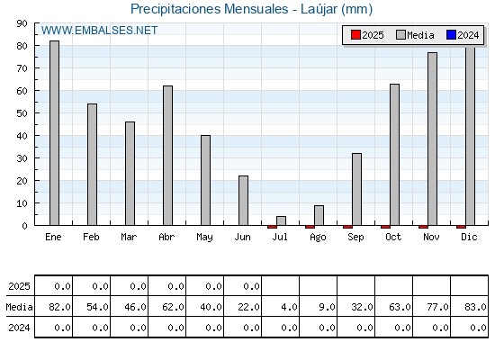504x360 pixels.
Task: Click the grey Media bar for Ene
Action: click(x=54, y=133)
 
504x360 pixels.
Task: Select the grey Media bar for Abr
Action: click(x=167, y=155)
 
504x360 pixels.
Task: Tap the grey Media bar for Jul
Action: click(x=281, y=220)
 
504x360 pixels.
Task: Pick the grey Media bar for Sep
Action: click(x=356, y=189)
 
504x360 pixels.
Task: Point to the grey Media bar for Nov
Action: click(x=432, y=139)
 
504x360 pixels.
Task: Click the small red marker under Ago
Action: click(x=310, y=227)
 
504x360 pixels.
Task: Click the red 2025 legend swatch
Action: click(x=355, y=35)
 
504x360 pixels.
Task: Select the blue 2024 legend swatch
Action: click(x=451, y=35)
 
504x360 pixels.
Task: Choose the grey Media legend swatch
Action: click(x=400, y=35)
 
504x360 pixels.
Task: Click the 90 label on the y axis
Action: click(x=22, y=23)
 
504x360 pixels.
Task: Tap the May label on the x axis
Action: click(x=204, y=238)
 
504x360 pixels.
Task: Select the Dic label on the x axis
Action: click(x=469, y=237)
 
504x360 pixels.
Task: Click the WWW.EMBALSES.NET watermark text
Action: click(x=99, y=31)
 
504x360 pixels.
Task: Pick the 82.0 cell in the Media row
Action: click(x=59, y=307)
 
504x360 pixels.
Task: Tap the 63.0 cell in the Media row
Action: click(x=400, y=307)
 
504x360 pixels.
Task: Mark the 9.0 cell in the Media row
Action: click(x=327, y=307)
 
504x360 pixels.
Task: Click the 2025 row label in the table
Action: click(x=19, y=286)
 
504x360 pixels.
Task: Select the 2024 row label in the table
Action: click(x=19, y=328)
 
